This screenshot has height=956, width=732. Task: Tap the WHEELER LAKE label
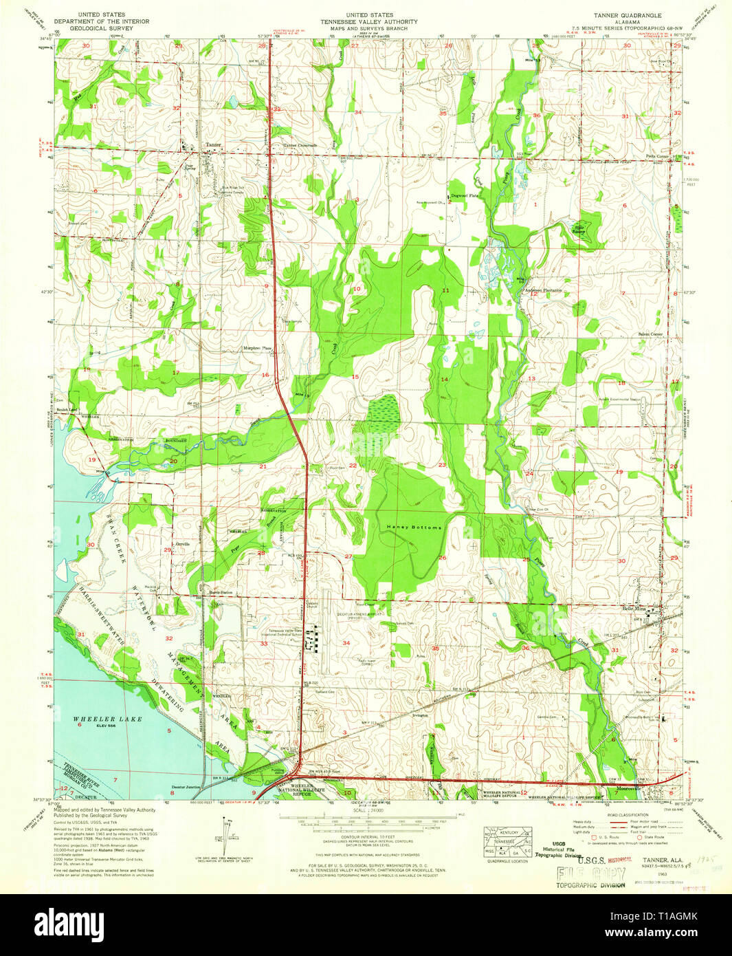[107, 719]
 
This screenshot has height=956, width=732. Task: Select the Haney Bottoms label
[414, 527]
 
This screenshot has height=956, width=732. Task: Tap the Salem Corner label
[650, 334]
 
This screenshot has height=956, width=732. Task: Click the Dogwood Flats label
[465, 196]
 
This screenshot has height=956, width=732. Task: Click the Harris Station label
[221, 592]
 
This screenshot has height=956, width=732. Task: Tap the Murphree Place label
[257, 349]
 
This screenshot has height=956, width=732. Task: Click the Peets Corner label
[656, 157]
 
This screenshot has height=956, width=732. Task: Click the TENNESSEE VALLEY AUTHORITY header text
[370, 21]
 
